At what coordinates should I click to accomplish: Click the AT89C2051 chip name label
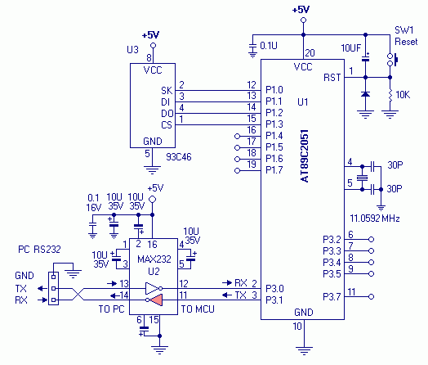[305, 155]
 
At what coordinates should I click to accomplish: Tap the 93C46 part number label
[179, 157]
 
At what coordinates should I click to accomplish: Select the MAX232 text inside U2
[154, 259]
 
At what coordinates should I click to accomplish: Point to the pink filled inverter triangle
[157, 300]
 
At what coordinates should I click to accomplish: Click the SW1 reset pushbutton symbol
[392, 60]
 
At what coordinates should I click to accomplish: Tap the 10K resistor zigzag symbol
[390, 96]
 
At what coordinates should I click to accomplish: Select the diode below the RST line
[365, 94]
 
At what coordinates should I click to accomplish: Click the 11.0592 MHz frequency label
[375, 219]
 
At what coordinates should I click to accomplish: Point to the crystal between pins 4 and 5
[362, 178]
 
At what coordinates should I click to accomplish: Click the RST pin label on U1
[332, 78]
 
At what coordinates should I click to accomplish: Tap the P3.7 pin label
[332, 296]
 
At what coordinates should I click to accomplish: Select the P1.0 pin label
[274, 90]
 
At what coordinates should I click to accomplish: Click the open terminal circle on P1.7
[237, 170]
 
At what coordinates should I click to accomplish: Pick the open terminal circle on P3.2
[371, 240]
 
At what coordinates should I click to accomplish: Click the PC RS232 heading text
[39, 250]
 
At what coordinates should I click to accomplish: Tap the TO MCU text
[198, 309]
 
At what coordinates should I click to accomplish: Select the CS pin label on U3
[167, 125]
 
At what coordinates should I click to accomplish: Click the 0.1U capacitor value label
[269, 46]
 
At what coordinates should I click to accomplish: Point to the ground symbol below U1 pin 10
[304, 350]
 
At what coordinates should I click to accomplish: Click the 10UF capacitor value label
[351, 48]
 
